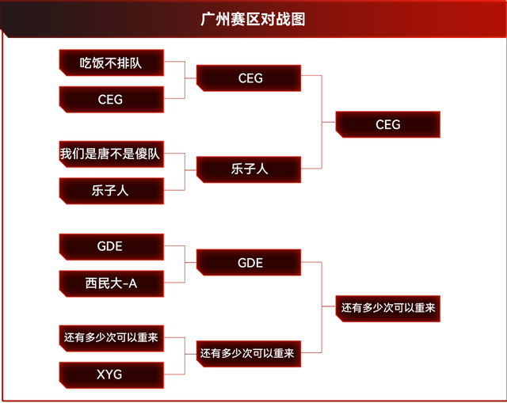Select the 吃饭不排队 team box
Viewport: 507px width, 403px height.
tap(111, 63)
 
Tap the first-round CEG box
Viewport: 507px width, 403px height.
tap(111, 100)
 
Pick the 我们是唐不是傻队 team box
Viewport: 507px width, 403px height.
tap(111, 154)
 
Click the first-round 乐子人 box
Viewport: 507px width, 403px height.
tap(111, 190)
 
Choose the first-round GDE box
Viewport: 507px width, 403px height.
tap(111, 246)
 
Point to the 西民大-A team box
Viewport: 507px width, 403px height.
tap(111, 283)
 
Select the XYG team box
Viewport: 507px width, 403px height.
tap(111, 374)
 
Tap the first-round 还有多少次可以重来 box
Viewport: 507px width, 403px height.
tap(111, 337)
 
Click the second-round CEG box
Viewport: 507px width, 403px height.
tap(250, 78)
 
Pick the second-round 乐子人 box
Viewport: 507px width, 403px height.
tap(250, 169)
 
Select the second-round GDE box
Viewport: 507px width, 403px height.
tap(250, 263)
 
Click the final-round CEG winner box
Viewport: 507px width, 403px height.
tap(388, 124)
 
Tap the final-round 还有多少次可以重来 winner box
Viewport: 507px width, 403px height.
tap(388, 307)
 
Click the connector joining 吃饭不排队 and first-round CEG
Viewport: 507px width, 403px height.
tap(185, 80)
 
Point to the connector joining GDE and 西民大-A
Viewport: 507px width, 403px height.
tap(185, 264)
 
